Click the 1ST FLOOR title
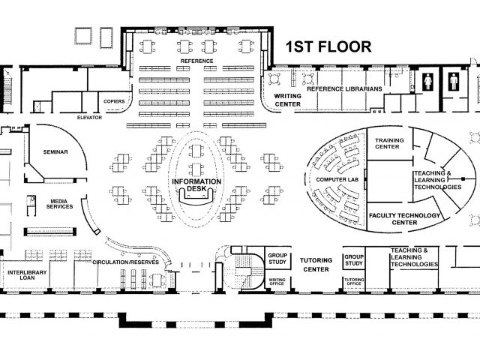(328, 46)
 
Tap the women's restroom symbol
(427, 82)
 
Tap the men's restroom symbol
(454, 82)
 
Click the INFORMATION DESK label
(196, 185)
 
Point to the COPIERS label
(114, 101)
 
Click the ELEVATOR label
(89, 118)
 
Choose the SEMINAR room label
(55, 151)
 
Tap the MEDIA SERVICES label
(60, 204)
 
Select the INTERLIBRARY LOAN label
(27, 275)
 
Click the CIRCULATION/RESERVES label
(125, 262)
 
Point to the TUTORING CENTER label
(316, 265)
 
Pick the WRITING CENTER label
(287, 100)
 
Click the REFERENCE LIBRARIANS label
(344, 88)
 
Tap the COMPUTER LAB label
(337, 180)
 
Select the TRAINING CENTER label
(389, 143)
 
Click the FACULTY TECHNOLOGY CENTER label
(404, 219)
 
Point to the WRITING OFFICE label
(277, 282)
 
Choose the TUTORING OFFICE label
(354, 282)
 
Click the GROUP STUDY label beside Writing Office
(277, 259)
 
